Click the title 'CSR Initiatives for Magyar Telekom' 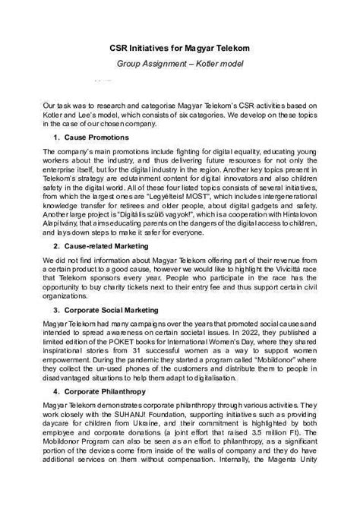point(179,48)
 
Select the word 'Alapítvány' point(64,226)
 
